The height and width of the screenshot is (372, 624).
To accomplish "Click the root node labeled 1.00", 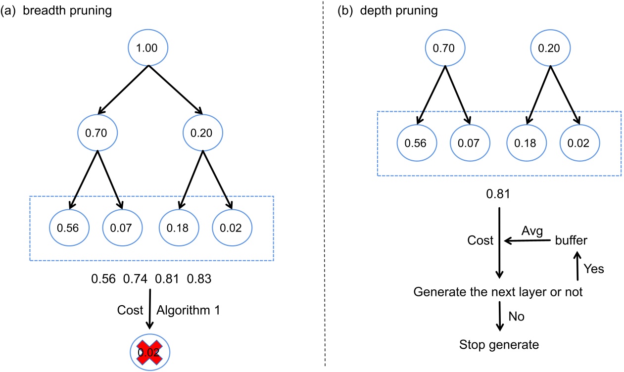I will pos(148,48).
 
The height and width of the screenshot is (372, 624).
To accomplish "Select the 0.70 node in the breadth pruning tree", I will pos(97,133).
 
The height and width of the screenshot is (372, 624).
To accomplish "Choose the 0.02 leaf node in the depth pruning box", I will pos(579,143).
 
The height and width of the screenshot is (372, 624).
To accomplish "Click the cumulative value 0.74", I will pos(135,279).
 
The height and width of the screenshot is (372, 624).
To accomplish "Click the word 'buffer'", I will pos(572,241).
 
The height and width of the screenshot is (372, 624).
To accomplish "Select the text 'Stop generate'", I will pos(499,345).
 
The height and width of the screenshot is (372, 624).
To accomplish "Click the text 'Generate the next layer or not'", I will pos(498,292).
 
